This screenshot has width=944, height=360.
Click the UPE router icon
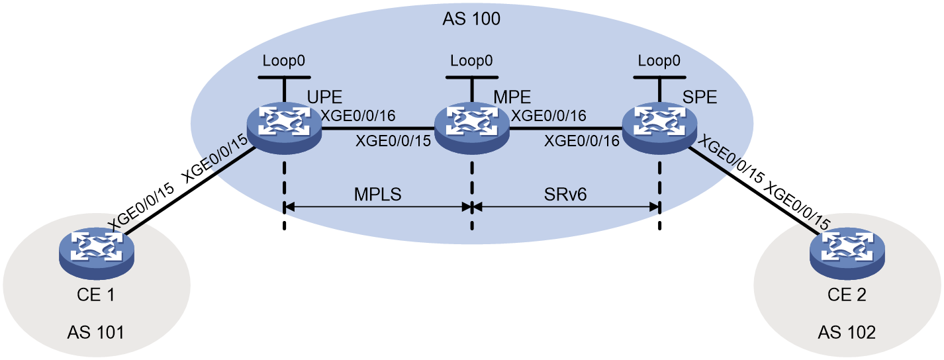(285, 128)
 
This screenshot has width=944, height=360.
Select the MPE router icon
(472, 128)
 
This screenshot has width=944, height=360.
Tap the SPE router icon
(659, 128)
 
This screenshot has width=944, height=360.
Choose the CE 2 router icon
(847, 254)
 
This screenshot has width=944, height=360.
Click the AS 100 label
(471, 19)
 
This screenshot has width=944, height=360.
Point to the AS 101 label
(96, 333)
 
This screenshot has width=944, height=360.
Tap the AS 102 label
(847, 333)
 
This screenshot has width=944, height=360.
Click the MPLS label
(377, 194)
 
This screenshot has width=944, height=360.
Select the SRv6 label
(565, 194)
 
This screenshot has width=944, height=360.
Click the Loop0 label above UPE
(283, 61)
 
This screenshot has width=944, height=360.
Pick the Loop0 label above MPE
(471, 61)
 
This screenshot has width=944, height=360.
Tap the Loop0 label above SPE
(659, 61)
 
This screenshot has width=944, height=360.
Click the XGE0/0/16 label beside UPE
(358, 115)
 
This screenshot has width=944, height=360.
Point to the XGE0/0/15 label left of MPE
(393, 141)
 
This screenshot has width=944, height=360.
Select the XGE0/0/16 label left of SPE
(582, 141)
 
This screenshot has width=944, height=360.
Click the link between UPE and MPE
(378, 128)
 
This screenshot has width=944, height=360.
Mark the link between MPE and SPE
(566, 128)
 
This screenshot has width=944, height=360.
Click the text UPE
(324, 97)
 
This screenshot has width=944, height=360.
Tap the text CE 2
(847, 294)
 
